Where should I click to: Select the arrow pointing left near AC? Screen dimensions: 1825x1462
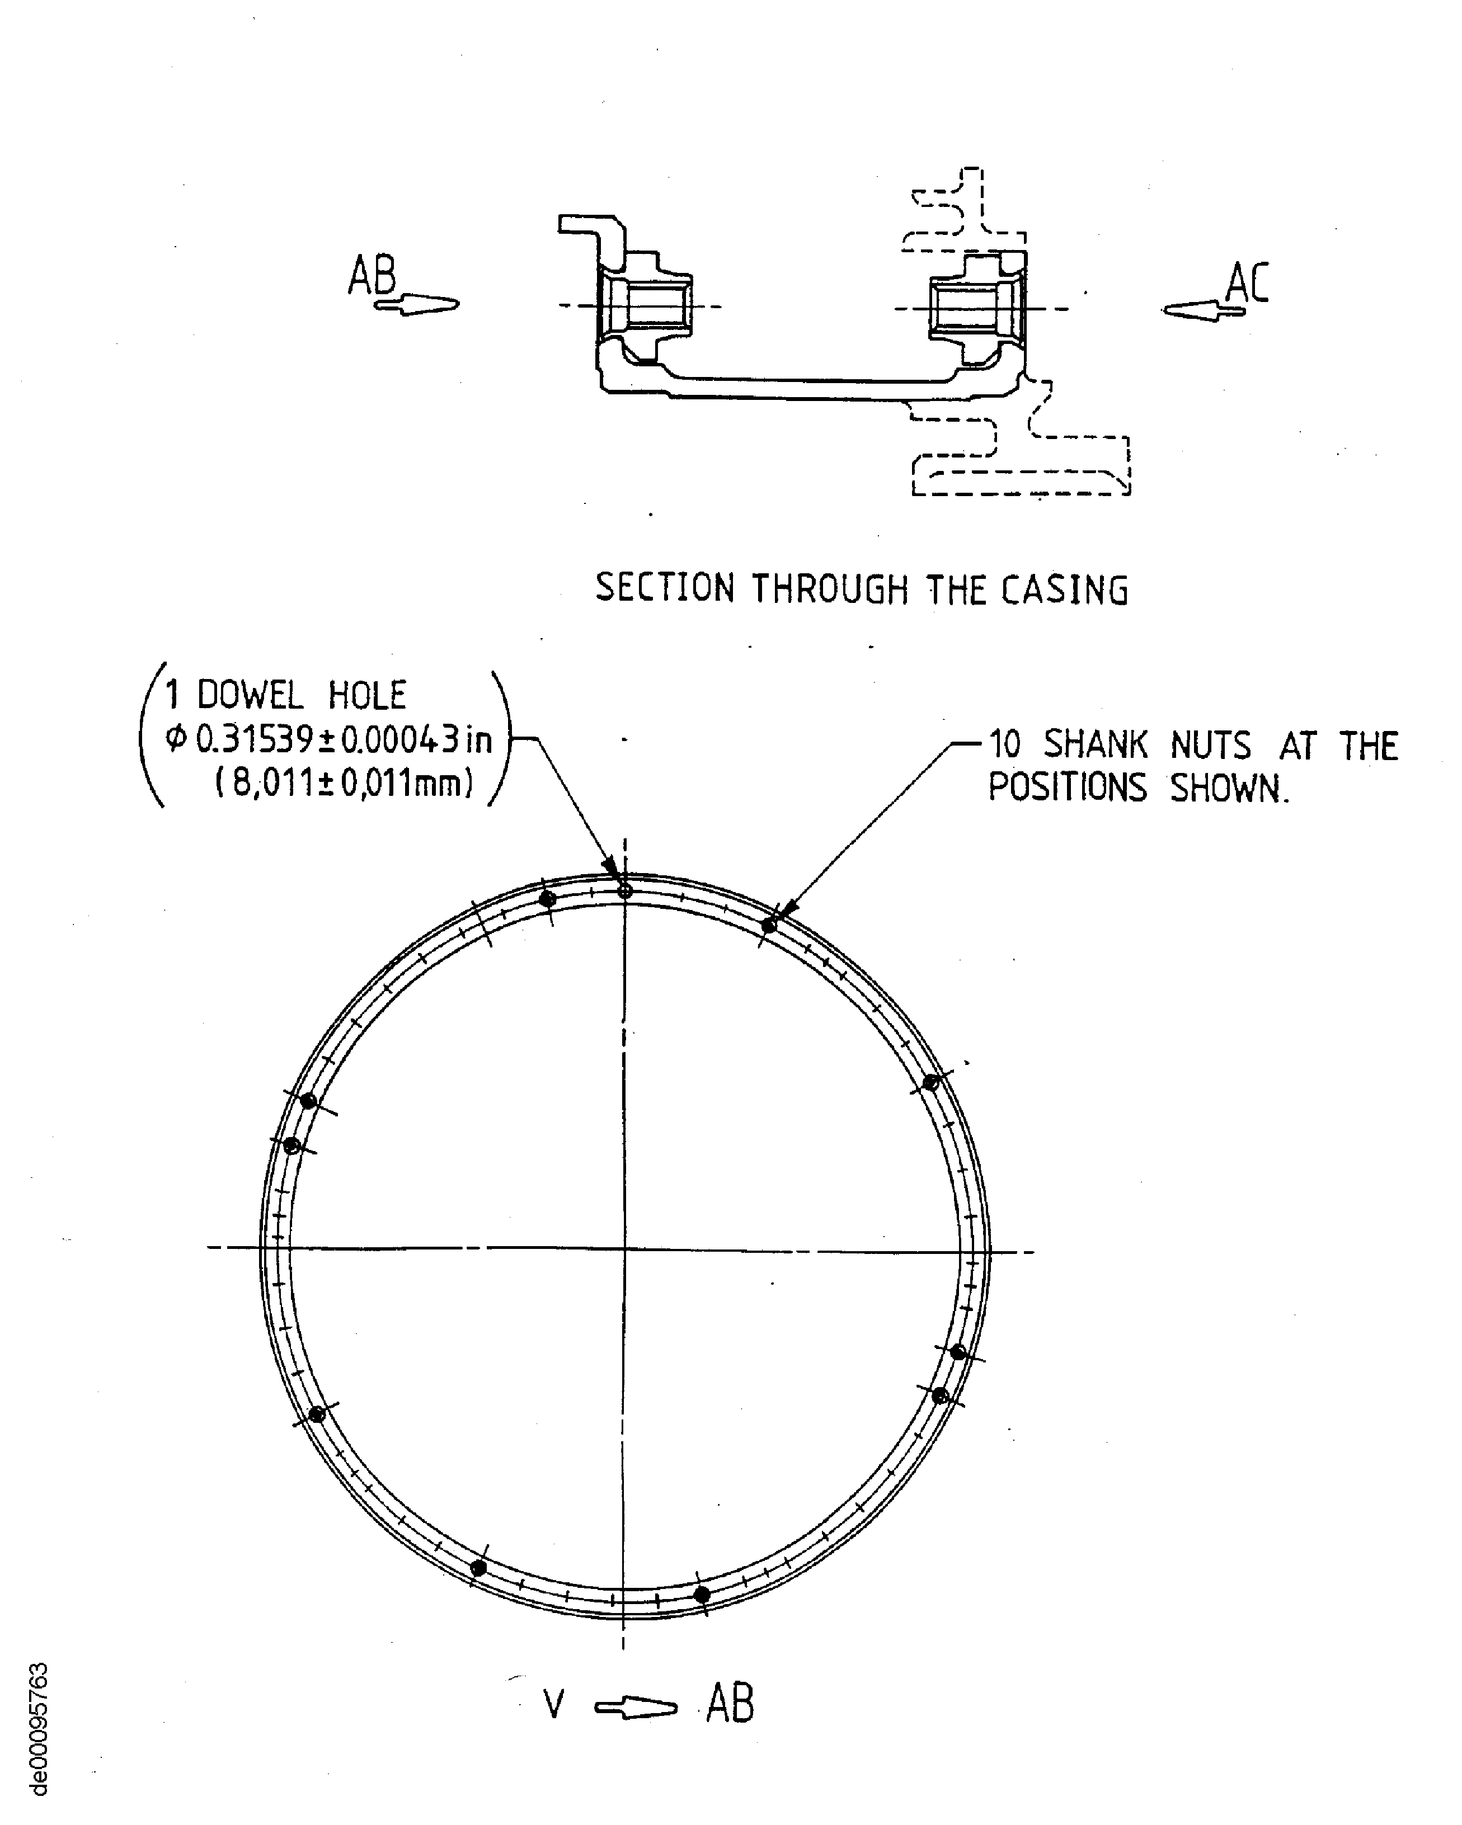tap(1203, 310)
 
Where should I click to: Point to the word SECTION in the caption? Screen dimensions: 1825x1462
tap(665, 587)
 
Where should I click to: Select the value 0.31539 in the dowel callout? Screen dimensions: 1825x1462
tap(255, 740)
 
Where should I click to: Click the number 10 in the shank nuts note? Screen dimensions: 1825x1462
tap(1005, 745)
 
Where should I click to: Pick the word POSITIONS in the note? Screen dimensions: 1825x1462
tap(1068, 788)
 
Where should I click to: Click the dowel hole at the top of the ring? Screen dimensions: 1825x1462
tap(625, 890)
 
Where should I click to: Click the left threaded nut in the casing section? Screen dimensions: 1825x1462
tap(646, 305)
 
